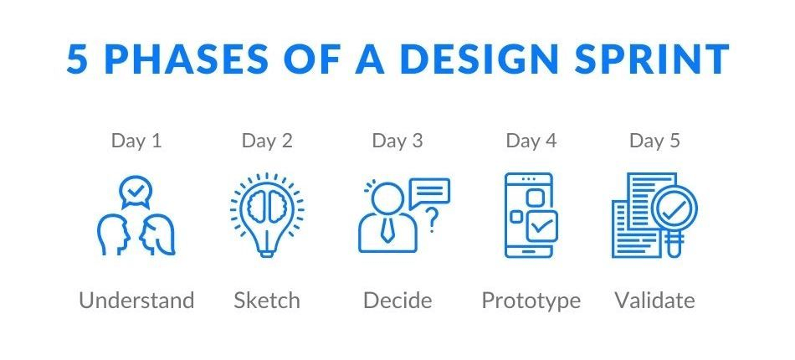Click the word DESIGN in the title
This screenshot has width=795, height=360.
(478, 59)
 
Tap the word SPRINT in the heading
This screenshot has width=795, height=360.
(652, 59)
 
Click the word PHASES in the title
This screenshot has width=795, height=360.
(186, 59)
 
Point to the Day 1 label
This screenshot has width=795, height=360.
(136, 141)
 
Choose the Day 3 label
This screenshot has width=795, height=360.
(397, 141)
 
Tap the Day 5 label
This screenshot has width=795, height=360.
(654, 141)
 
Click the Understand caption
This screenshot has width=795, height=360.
(136, 301)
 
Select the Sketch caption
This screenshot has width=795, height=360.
(267, 301)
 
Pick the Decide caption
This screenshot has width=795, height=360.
(397, 301)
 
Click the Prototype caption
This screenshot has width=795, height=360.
(531, 301)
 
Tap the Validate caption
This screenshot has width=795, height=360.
(654, 301)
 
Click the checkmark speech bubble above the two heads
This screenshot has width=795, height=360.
(136, 193)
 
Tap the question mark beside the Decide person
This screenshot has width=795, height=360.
(432, 220)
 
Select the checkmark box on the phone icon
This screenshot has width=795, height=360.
(541, 226)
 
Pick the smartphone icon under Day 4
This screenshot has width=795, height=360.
(528, 215)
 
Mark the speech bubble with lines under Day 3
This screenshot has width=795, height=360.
(429, 193)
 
